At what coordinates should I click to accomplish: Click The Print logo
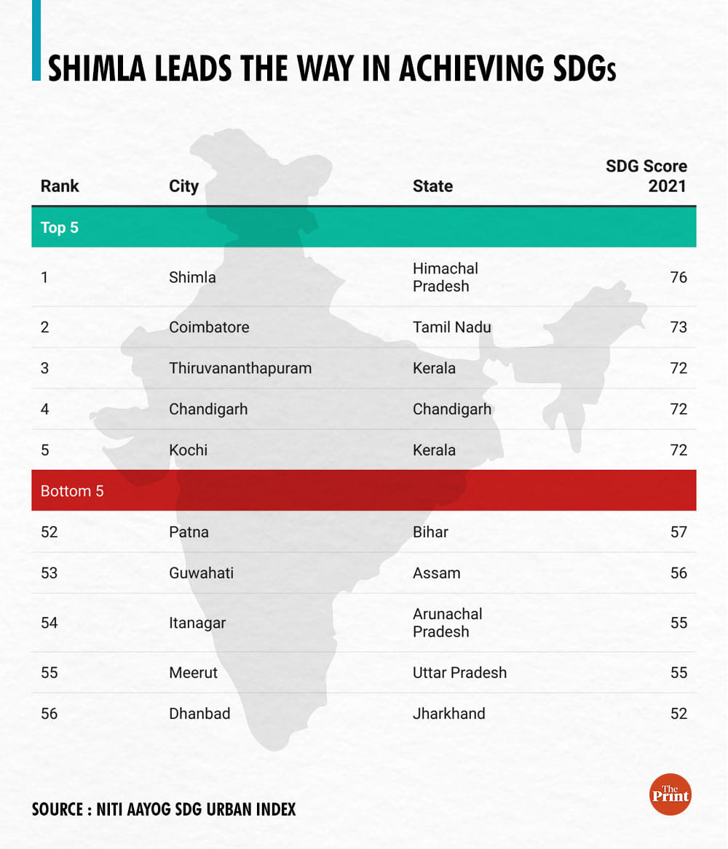[x=670, y=794]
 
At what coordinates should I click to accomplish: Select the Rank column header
[x=60, y=186]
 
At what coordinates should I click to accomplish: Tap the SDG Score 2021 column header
[x=646, y=176]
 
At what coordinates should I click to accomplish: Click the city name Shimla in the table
[x=192, y=278]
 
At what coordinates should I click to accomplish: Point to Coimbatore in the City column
[x=209, y=327]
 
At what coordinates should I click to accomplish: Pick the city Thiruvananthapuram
[x=240, y=368]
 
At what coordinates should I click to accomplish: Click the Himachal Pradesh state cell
[x=446, y=277]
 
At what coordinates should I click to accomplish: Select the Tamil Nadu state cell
[x=451, y=327]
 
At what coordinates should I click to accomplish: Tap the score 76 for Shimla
[x=678, y=278]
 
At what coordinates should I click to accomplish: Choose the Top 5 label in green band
[x=59, y=228]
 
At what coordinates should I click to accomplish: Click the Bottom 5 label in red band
[x=72, y=491]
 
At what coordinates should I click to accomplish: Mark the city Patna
[x=189, y=533]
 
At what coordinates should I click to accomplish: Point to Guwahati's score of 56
[x=678, y=573]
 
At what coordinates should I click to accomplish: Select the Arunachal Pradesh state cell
[x=447, y=623]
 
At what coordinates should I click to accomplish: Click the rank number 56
[x=49, y=714]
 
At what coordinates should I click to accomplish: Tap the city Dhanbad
[x=199, y=714]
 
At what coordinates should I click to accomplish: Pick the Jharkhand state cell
[x=448, y=714]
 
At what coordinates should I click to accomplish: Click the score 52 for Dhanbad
[x=678, y=714]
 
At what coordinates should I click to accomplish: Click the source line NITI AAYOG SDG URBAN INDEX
[x=164, y=809]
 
